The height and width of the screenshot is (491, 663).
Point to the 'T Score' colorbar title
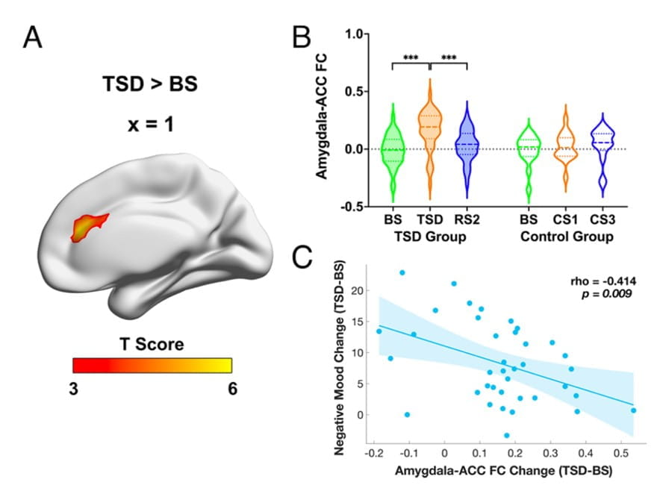click(152, 344)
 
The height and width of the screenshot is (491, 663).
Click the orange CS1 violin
click(566, 149)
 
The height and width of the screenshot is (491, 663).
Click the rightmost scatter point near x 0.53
click(633, 410)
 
